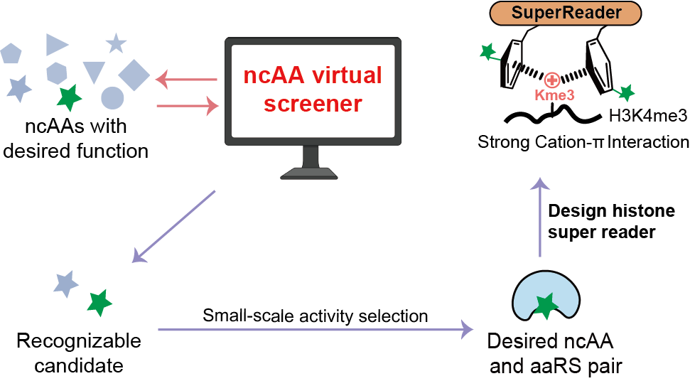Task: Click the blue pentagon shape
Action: (x=12, y=53)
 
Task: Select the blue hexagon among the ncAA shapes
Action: (x=57, y=73)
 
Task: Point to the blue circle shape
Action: (x=112, y=98)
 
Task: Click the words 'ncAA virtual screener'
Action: (x=313, y=89)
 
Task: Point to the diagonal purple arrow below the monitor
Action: (x=175, y=227)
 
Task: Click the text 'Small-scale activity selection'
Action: (x=316, y=315)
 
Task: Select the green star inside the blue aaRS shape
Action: (x=546, y=304)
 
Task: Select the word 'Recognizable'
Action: (x=78, y=341)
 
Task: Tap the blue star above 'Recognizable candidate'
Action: (x=66, y=282)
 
